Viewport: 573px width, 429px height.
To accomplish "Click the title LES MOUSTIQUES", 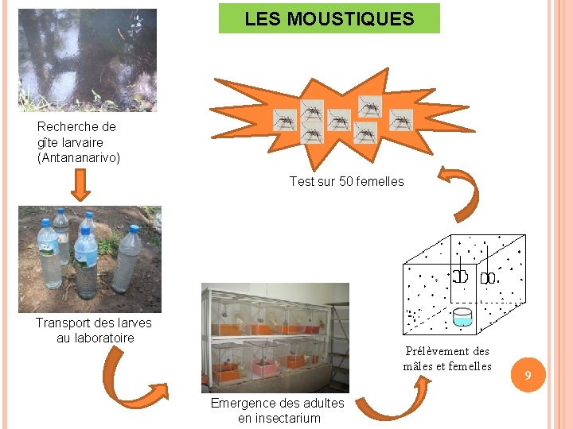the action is click(329, 18).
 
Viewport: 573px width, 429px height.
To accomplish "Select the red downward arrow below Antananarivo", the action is click(80, 184).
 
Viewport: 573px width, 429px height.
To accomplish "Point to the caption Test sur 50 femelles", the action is click(346, 181).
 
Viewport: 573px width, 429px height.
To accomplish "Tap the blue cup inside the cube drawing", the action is click(462, 317).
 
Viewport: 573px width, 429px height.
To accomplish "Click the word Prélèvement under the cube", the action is click(436, 350).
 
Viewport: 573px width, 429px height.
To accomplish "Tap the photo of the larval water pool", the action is click(88, 60).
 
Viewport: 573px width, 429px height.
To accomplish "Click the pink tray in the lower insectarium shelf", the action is click(263, 367).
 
